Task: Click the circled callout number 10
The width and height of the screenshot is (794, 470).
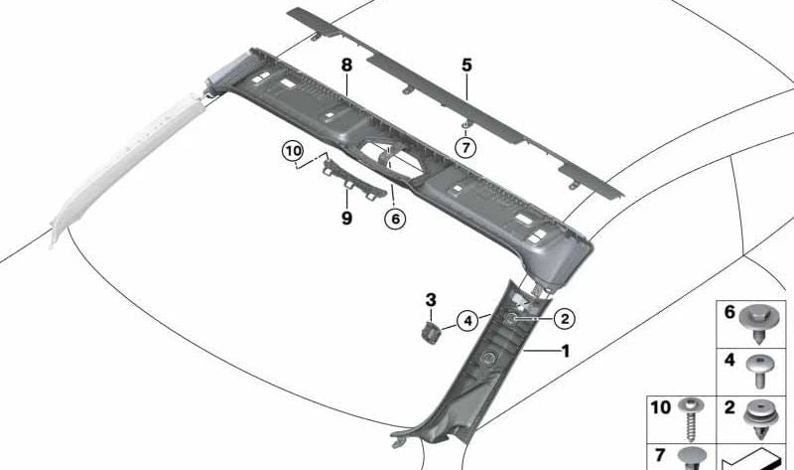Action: (x=293, y=152)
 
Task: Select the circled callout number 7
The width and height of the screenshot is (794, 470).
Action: (x=465, y=148)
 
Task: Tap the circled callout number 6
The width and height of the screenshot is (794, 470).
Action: (x=395, y=219)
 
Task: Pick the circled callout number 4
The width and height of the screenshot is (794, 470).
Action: (x=467, y=321)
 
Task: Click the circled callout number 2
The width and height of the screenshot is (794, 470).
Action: (x=565, y=319)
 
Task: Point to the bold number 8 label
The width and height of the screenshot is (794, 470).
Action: (x=346, y=65)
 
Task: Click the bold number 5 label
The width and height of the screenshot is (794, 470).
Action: (x=466, y=65)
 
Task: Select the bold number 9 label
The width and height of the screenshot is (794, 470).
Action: (x=346, y=219)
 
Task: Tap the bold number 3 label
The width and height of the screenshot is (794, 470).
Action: (x=431, y=300)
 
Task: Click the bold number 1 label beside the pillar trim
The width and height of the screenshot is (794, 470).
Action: (x=565, y=351)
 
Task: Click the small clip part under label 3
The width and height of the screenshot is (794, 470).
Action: (x=430, y=333)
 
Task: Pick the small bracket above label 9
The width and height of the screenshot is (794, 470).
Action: (x=354, y=180)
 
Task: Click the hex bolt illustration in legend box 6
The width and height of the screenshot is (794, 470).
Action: (x=758, y=325)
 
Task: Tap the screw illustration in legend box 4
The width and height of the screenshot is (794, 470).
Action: (x=759, y=372)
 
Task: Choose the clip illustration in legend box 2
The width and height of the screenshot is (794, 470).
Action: (x=760, y=419)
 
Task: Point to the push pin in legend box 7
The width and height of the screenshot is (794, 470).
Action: (x=691, y=459)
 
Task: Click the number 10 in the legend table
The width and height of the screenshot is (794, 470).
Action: (x=660, y=407)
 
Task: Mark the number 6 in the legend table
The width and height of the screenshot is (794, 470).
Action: (x=729, y=312)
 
